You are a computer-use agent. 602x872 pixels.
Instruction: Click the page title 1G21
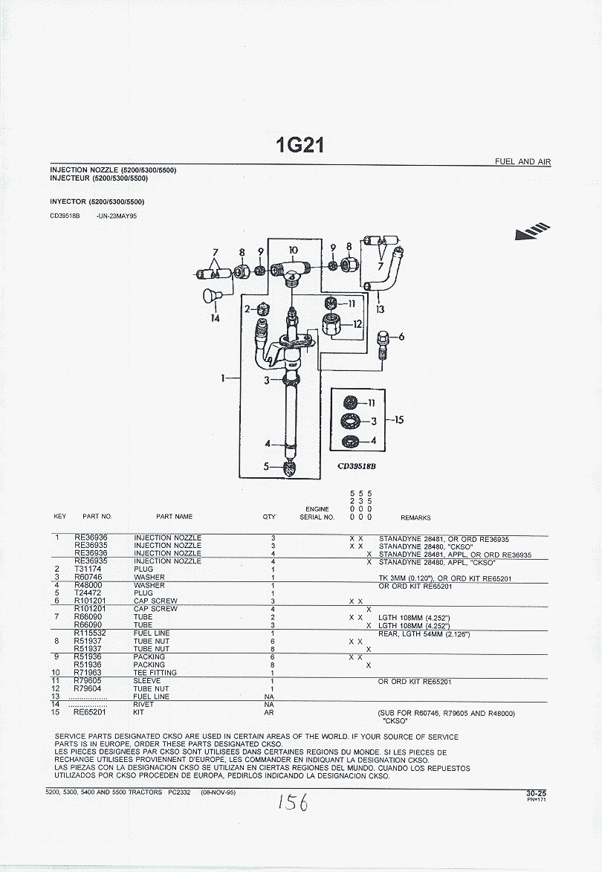click(x=300, y=144)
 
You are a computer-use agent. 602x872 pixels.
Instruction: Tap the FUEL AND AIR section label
click(x=523, y=161)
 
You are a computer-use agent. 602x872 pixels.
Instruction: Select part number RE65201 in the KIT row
click(x=91, y=712)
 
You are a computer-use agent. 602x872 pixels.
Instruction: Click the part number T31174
click(x=88, y=569)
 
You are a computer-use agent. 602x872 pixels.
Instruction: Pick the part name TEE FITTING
click(x=155, y=673)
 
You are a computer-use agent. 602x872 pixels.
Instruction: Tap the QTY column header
click(x=269, y=517)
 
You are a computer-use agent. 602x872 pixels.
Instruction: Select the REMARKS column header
click(x=415, y=517)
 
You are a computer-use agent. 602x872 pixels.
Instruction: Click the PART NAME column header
click(x=174, y=517)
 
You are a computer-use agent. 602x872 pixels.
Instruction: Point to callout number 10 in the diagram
click(x=293, y=251)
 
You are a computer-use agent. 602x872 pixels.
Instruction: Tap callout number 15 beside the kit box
click(x=398, y=420)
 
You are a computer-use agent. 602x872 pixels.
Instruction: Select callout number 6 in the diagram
click(x=401, y=337)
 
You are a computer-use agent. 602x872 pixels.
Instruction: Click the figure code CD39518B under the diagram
click(x=357, y=467)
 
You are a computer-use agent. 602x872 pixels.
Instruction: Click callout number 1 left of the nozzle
click(x=223, y=378)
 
